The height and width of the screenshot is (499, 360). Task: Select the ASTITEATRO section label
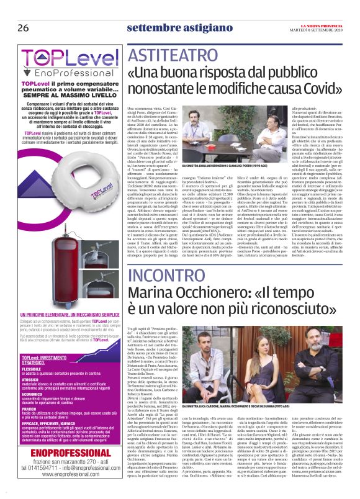[168, 55]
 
